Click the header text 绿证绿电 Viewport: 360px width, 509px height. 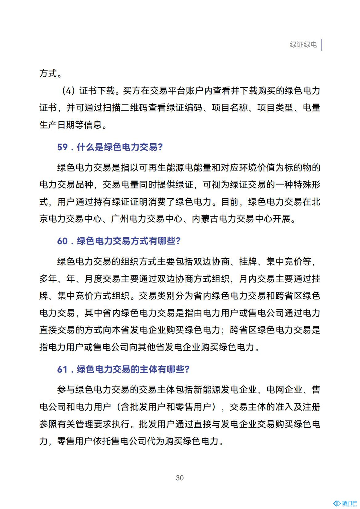pos(303,45)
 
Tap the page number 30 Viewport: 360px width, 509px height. pos(180,478)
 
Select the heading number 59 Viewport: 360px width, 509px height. pos(62,147)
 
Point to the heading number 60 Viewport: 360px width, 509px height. pos(62,241)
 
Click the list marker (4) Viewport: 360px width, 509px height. pos(69,91)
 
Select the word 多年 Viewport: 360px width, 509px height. pos(48,279)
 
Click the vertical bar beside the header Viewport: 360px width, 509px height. pos(321,45)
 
